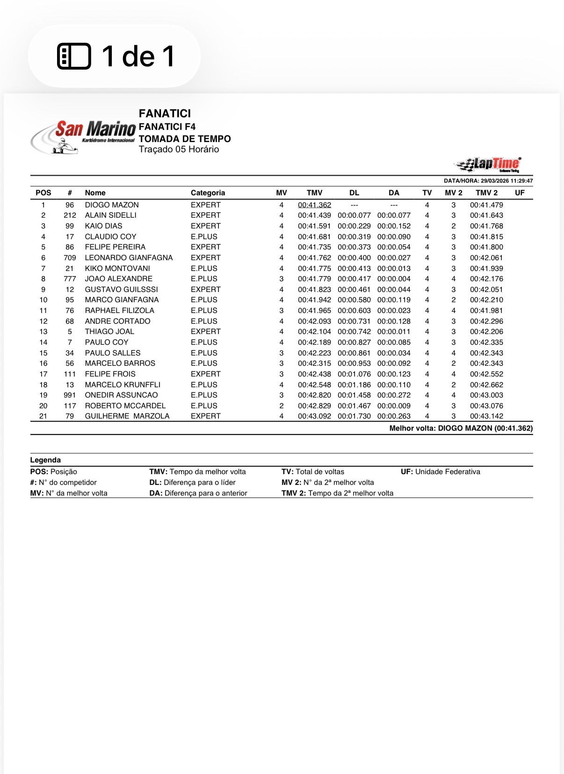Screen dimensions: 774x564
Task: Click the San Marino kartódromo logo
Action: point(83,136)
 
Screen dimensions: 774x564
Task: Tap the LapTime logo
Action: point(489,164)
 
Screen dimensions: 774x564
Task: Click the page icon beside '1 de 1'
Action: point(74,57)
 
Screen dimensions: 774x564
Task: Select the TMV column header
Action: point(314,193)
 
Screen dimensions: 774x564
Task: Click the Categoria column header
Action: point(208,193)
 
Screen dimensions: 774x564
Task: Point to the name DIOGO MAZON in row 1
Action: point(112,205)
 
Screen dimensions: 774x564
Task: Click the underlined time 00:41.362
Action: point(314,205)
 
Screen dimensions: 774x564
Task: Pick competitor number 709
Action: point(70,258)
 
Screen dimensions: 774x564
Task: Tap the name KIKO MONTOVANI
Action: point(117,269)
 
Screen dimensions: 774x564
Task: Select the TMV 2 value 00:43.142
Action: point(486,416)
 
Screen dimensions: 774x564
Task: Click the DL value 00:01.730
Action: point(354,416)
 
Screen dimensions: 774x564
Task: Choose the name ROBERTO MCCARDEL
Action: point(125,406)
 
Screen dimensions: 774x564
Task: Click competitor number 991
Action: point(70,395)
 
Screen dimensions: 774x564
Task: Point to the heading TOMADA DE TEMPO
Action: point(185,139)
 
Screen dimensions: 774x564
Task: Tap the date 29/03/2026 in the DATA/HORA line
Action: point(494,181)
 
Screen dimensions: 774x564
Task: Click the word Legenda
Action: point(45,460)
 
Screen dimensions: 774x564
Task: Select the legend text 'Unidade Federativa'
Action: point(448,472)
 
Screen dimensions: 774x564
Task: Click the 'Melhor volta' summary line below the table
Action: point(461,428)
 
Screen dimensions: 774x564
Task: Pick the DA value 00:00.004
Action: point(394,279)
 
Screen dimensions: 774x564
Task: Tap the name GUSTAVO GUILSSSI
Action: point(122,290)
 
